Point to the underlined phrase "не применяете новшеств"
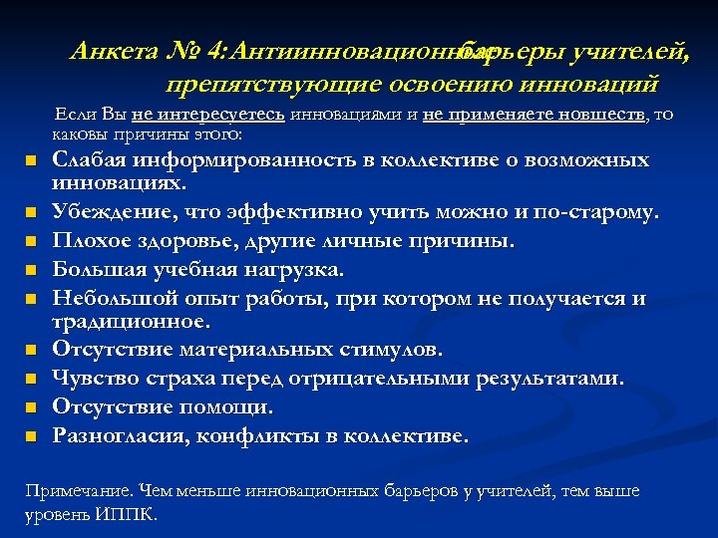click(534, 115)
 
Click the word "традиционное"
click(131, 322)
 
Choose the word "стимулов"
click(390, 350)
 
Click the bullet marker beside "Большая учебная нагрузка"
click(31, 270)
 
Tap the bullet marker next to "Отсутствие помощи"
click(31, 407)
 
